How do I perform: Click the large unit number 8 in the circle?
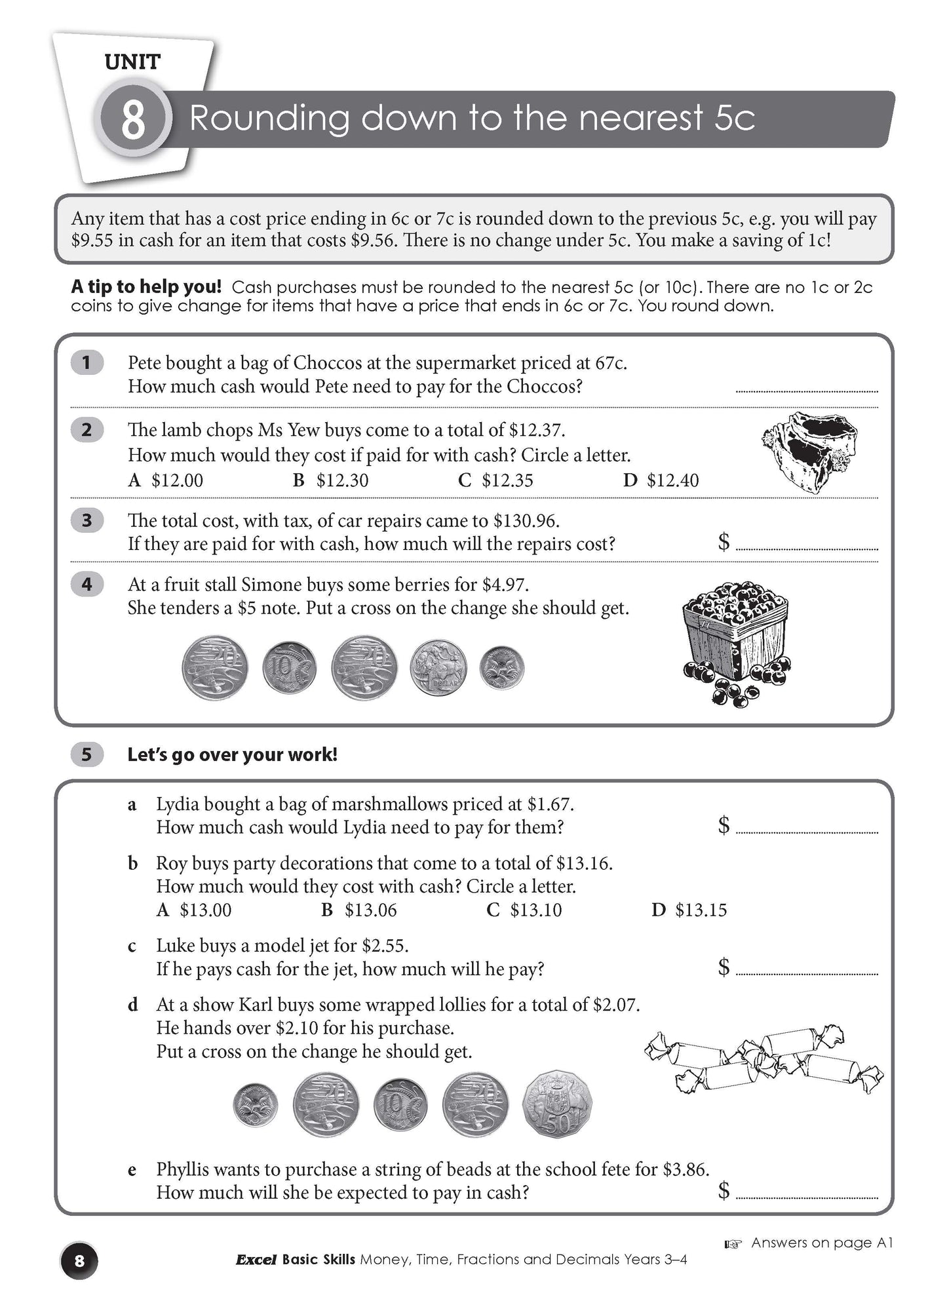tap(133, 119)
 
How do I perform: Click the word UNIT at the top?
tap(132, 62)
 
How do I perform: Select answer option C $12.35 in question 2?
tap(495, 480)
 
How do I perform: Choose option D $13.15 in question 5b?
tap(689, 910)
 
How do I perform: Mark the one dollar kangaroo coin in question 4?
tap(438, 667)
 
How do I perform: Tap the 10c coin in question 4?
tap(289, 669)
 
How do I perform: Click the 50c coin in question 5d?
tap(556, 1104)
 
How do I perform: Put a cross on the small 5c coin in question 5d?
tap(255, 1104)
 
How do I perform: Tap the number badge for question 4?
tap(87, 584)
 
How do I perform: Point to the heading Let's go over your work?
tap(232, 755)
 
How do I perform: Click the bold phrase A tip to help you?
tap(146, 287)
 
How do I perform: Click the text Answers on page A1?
tap(821, 1243)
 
